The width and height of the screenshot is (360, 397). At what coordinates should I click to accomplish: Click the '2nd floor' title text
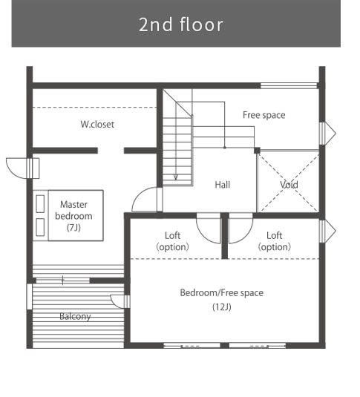pos(181,24)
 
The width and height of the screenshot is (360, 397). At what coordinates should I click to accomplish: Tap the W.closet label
pos(97,125)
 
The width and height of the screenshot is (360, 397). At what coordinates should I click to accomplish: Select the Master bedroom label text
pos(73,211)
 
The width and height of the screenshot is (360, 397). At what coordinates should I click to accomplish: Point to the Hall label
pos(223,185)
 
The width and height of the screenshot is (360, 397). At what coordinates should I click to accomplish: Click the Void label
pos(289,185)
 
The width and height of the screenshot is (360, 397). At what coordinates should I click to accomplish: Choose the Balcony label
pos(75,316)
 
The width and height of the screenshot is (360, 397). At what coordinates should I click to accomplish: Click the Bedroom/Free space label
pos(222,292)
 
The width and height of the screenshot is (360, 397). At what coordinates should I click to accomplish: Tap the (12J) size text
pos(222,307)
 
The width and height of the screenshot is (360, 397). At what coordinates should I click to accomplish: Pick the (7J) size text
pos(73,228)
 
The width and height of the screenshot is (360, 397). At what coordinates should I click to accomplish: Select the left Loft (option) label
pos(172,241)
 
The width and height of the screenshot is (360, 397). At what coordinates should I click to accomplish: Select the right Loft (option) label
pos(275,241)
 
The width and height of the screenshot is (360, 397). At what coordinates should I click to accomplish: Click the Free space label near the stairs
pos(264,115)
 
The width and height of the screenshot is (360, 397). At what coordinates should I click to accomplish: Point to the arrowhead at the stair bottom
pos(176,177)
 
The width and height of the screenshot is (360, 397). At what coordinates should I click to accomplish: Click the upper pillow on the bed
pos(40,203)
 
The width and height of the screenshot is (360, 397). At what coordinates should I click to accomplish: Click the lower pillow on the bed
pos(40,227)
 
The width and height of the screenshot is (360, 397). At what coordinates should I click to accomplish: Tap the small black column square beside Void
pos(257,151)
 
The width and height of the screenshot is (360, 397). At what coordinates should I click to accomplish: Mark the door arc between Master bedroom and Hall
pos(139,194)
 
